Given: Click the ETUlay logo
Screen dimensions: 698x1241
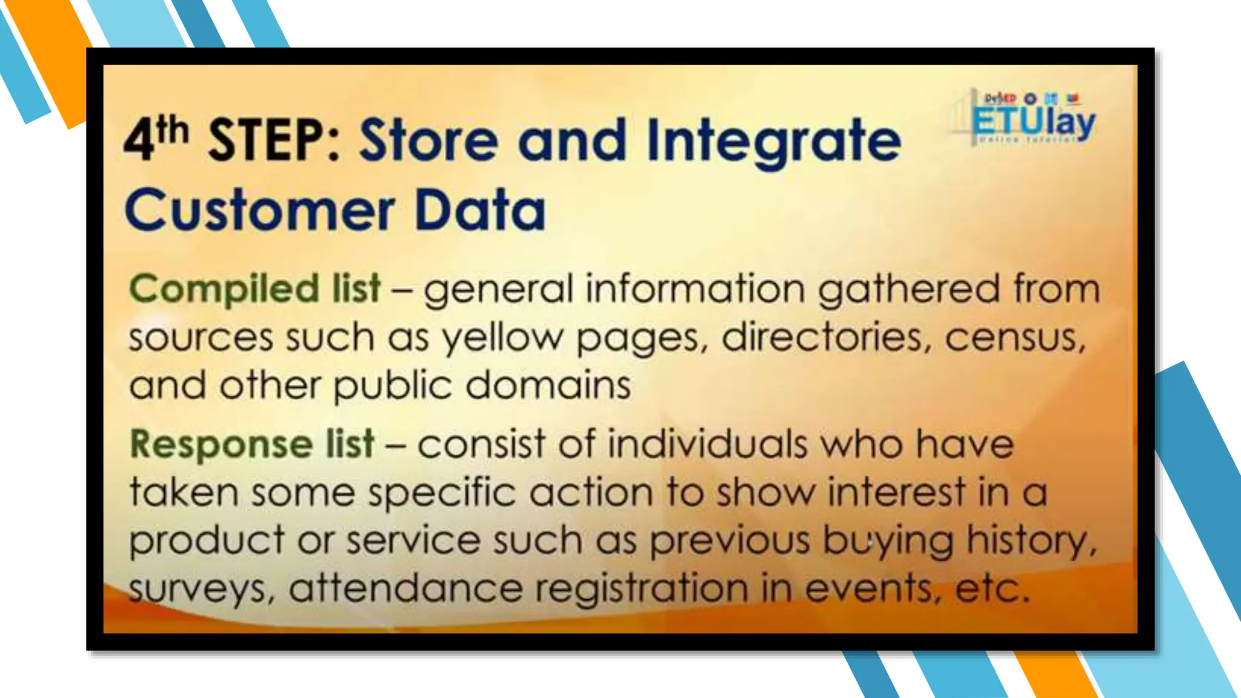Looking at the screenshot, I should tap(1033, 119).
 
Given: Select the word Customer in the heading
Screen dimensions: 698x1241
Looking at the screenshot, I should tap(260, 210).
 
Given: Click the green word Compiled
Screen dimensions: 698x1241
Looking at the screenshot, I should tap(224, 288).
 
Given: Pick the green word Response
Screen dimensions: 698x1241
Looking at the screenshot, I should tap(221, 444).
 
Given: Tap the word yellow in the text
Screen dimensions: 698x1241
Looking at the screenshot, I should tap(502, 338).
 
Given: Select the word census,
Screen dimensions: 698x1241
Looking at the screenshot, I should tap(1015, 338).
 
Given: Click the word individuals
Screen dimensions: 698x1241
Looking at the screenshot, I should tap(707, 444).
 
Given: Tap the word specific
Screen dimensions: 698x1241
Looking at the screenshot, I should tap(442, 493).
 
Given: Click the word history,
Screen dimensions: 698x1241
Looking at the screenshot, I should tap(1031, 540).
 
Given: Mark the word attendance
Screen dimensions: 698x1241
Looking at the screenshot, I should tap(405, 588).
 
